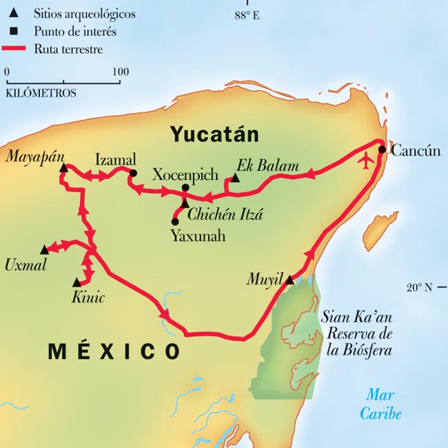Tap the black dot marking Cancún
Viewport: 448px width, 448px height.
click(x=381, y=148)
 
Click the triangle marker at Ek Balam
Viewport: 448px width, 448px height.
click(x=235, y=178)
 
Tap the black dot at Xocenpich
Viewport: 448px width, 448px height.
click(x=185, y=187)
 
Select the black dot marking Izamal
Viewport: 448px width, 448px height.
click(x=133, y=173)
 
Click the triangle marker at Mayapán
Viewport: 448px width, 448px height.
click(x=63, y=167)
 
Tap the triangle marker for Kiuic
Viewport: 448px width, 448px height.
click(x=77, y=282)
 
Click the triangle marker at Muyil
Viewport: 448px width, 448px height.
click(x=289, y=280)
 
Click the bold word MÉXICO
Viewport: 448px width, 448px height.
click(x=114, y=351)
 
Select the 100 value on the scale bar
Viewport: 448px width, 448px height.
click(x=120, y=71)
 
